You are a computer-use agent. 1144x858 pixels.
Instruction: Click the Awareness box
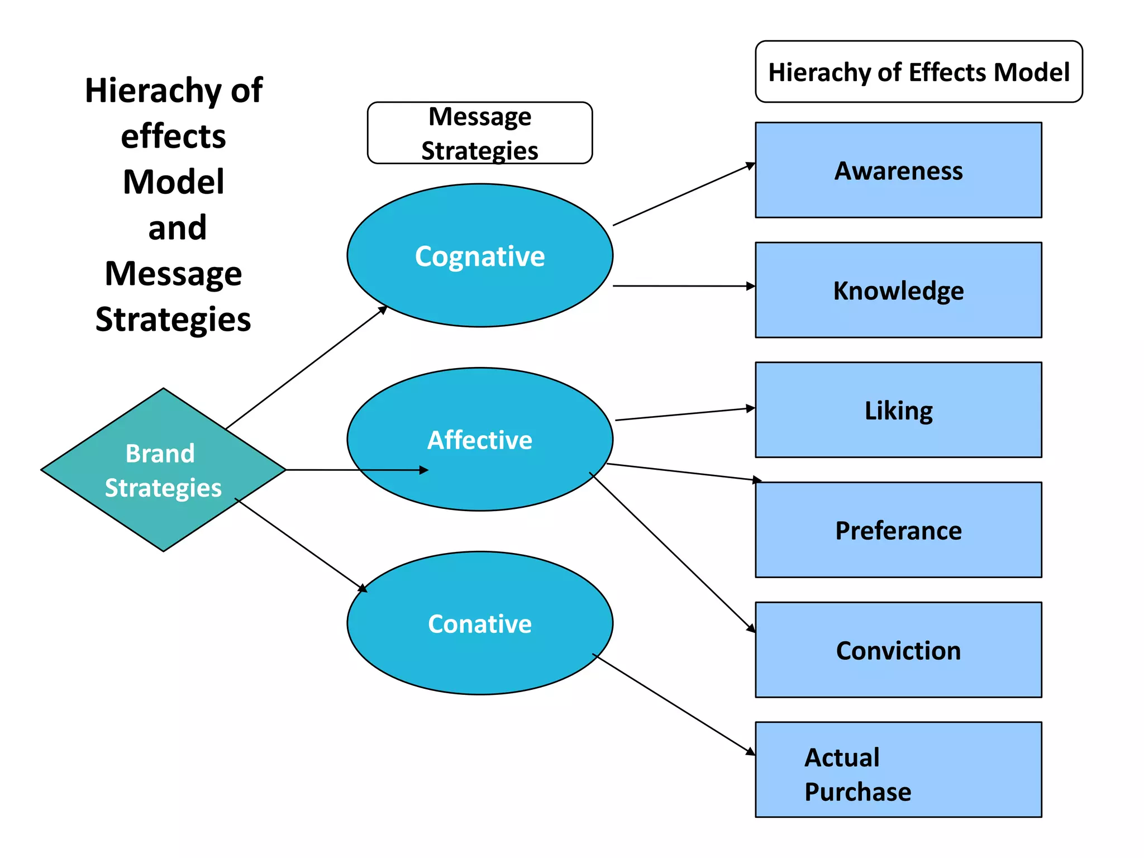[898, 170]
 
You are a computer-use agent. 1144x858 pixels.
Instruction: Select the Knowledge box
[898, 290]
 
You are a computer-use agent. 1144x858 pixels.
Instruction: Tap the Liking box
[898, 410]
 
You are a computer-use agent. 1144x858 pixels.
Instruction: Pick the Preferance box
[898, 530]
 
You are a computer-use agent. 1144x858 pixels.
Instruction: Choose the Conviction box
[898, 650]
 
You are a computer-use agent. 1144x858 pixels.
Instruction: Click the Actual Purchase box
[898, 770]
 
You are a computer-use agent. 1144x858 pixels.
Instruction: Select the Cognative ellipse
[479, 256]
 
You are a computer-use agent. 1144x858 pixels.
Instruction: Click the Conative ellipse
[479, 623]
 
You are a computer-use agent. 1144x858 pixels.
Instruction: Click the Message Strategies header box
[479, 133]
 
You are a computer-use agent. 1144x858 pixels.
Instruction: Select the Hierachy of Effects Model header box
[918, 72]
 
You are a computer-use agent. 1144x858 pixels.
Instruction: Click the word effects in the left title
[173, 136]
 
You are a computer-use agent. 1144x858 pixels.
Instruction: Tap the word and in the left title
[177, 228]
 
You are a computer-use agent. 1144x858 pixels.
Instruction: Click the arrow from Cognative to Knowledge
[684, 286]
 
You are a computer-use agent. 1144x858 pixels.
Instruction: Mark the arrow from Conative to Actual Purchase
[674, 704]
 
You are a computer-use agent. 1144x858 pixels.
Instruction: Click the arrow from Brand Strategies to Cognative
[306, 368]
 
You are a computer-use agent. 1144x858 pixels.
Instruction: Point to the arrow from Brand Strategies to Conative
[301, 545]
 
